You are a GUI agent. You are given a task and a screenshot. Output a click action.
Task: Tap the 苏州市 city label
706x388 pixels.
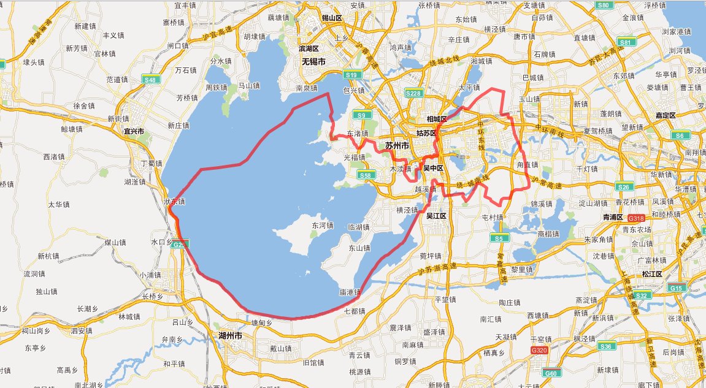[397, 146]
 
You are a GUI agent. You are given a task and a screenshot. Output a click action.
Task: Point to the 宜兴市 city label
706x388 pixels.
[133, 131]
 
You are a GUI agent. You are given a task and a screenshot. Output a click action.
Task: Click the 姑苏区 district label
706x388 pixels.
[425, 132]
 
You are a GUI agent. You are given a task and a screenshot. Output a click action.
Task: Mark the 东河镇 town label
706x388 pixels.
[322, 225]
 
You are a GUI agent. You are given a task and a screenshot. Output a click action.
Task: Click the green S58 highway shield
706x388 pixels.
[366, 175]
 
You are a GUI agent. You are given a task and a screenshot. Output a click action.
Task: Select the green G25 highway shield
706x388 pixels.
[178, 245]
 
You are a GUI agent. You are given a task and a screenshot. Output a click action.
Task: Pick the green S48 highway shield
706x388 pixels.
[150, 79]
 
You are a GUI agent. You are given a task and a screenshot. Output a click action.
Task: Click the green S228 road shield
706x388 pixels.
[413, 93]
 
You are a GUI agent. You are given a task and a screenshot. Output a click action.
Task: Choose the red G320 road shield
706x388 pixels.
[539, 350]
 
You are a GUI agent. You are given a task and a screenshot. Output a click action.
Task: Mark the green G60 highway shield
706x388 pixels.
[551, 373]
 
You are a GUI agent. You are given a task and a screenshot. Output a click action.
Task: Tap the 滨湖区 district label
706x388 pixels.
[309, 48]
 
